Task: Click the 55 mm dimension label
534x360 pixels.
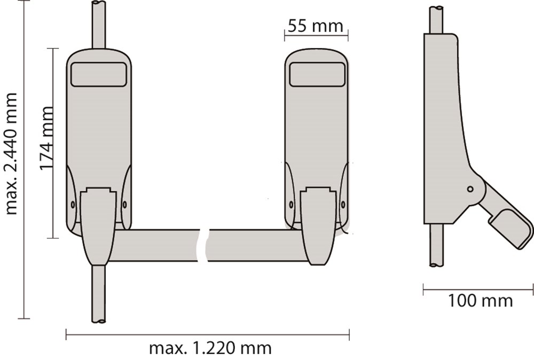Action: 316,26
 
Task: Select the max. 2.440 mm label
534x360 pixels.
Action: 11,154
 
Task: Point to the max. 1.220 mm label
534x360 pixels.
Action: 210,348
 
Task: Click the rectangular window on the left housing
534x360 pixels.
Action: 98,74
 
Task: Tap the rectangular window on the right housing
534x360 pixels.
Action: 317,74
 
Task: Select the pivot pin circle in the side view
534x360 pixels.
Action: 470,189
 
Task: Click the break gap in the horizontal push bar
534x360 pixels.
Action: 203,246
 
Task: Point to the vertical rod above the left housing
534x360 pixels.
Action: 99,25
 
